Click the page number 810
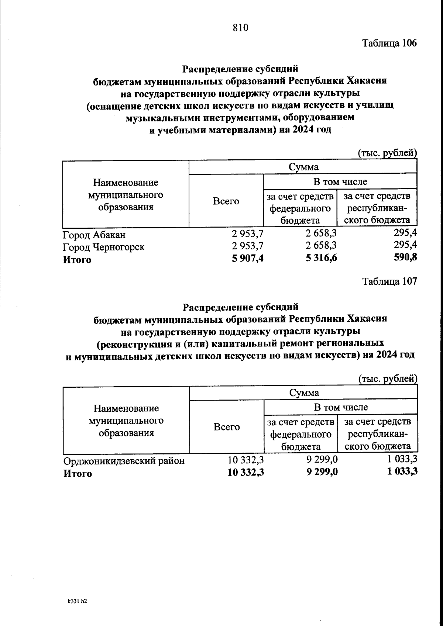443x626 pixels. pos(241,28)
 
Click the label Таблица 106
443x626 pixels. pos(389,43)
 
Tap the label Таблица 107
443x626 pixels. pos(389,281)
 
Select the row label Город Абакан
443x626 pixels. pos(94,235)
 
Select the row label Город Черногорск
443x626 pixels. pos(104,247)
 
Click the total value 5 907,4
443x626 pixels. pos(247,259)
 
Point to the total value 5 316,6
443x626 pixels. pos(321,259)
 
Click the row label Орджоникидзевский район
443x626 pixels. pos(124,461)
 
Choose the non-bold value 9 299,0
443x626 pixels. pos(322,460)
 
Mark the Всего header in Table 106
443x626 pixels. pos(226,201)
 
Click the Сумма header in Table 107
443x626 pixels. pos(304,393)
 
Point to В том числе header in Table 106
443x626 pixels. pos(340,182)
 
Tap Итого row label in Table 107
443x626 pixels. pos(78,474)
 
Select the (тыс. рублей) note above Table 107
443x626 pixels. pos(388,378)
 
